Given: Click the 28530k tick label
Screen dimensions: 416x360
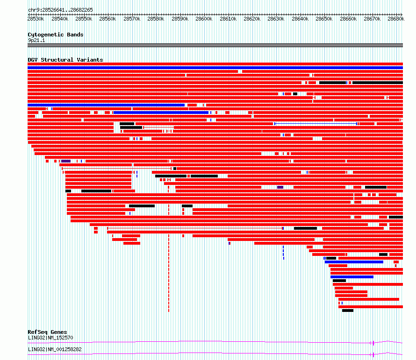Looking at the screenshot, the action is click(36, 19).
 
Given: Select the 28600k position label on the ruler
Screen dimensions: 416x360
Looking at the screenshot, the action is click(204, 19).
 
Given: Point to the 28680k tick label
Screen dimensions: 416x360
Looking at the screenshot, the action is click(396, 19).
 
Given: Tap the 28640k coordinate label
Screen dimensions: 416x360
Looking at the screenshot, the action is click(300, 19).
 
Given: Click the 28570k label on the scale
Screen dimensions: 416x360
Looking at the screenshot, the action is click(132, 19).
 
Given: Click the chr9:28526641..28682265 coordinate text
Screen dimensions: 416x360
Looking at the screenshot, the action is click(60, 10).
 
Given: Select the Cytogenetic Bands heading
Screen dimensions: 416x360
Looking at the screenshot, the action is click(56, 35).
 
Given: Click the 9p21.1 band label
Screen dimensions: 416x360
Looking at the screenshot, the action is click(36, 40).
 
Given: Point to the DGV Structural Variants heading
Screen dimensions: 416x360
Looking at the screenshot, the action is click(65, 60).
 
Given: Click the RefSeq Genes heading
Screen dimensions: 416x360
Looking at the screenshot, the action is click(47, 332).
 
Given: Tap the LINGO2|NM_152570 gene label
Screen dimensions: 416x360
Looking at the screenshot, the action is click(50, 338).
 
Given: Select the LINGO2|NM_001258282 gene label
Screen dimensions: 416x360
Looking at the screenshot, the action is click(55, 349).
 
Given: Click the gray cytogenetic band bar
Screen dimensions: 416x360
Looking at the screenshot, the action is click(215, 45).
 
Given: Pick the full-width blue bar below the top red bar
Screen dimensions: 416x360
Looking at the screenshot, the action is click(215, 68).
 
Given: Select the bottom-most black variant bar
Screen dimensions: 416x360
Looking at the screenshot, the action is click(348, 311).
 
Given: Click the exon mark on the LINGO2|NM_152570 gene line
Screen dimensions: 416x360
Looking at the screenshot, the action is click(373, 343).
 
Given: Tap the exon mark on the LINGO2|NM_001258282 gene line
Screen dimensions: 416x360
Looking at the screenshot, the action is click(373, 355).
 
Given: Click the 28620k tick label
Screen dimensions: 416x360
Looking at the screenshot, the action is click(252, 19).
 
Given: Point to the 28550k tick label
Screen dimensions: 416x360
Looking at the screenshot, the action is click(84, 19).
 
